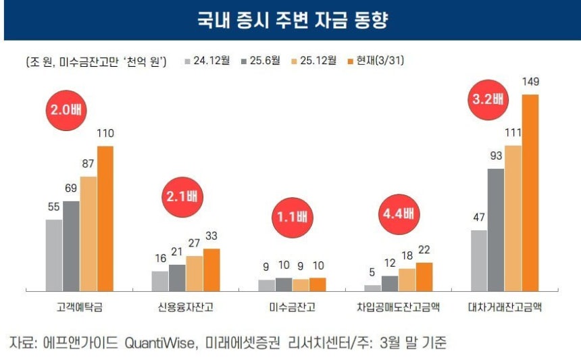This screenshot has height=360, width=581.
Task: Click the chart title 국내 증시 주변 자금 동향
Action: coord(292,20)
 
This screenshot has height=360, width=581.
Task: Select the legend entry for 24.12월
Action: coord(207,60)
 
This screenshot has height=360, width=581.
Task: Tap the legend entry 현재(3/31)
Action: coord(376,60)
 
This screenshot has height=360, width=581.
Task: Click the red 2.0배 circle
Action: coord(66,110)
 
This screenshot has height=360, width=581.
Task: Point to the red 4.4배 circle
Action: coord(399,214)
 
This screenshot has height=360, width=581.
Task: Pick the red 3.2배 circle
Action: coord(488,100)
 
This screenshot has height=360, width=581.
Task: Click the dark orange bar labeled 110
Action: coord(105,219)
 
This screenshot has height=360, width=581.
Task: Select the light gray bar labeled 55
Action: coord(54,255)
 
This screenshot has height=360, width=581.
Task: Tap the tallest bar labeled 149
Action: coord(530,192)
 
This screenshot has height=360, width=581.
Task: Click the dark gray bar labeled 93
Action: coord(496,230)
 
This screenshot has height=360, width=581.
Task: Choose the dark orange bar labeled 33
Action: coord(211,269)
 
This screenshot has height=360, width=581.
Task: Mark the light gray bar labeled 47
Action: coord(479,261)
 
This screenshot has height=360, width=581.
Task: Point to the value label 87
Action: coord(89,163)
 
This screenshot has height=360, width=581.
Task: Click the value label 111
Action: coord(513,132)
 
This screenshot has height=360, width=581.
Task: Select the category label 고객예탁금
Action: coord(80,307)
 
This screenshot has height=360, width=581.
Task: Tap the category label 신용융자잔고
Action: coord(186,307)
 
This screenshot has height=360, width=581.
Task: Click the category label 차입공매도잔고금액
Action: coord(399,307)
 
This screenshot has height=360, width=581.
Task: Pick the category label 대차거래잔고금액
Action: coord(505,307)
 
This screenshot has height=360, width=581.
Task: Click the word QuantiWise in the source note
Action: coord(159,343)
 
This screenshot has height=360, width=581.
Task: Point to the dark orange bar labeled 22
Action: coord(424,277)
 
